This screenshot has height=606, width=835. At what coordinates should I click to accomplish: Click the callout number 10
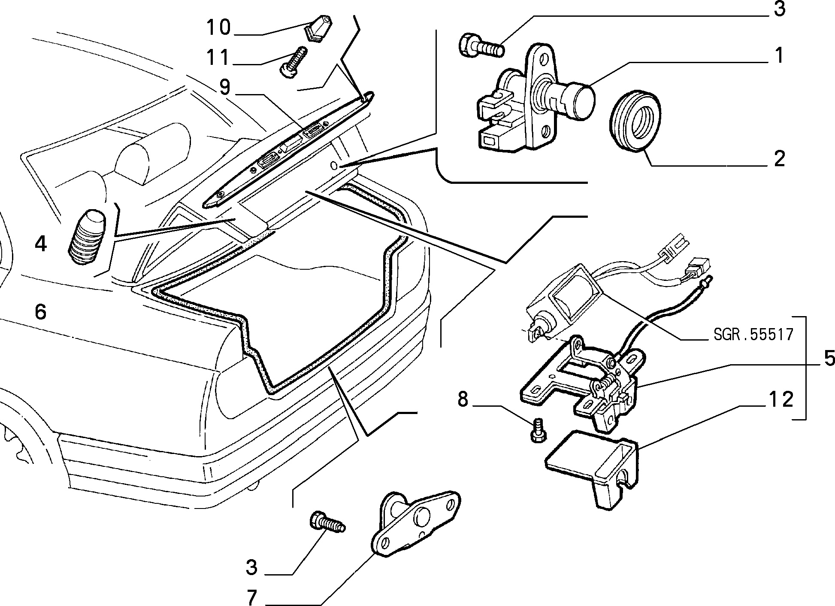(218, 28)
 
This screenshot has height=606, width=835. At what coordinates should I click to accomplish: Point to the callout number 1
(778, 56)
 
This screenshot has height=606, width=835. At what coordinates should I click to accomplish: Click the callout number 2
(779, 159)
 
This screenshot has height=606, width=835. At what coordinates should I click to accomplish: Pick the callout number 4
(40, 244)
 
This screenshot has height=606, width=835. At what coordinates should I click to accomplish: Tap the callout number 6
(40, 312)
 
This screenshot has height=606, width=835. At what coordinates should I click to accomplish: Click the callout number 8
(462, 399)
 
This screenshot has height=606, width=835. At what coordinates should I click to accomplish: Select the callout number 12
(780, 400)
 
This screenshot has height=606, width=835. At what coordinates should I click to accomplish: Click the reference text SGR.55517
(753, 335)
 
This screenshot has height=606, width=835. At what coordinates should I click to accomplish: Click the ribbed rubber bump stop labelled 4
(87, 238)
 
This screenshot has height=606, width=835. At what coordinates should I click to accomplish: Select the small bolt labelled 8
(538, 430)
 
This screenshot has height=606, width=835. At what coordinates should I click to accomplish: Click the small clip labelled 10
(317, 28)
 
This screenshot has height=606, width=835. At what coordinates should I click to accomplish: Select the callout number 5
(828, 358)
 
